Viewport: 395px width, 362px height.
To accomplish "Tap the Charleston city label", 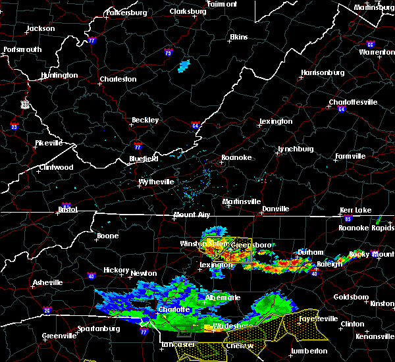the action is click(x=118, y=80).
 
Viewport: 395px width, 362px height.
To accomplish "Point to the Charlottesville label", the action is click(x=354, y=102).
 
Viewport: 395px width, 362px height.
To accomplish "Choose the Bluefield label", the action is click(x=143, y=159).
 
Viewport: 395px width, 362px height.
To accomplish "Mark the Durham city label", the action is click(x=310, y=252).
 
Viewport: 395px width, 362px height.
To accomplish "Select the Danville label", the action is click(x=276, y=209).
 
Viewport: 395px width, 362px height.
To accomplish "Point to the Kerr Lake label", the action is click(x=355, y=210).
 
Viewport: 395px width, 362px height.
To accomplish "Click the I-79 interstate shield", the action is click(x=169, y=53).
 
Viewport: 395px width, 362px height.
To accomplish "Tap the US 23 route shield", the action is click(x=25, y=104).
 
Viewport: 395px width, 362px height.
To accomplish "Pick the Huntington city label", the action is click(x=59, y=75).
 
